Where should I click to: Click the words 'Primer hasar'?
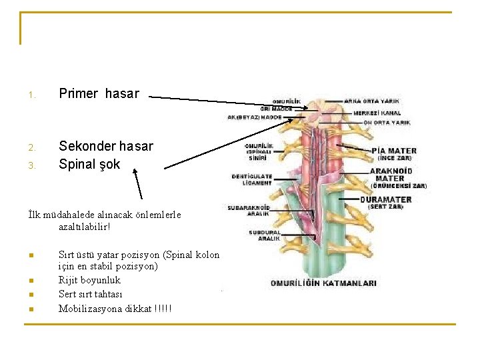click(99, 94)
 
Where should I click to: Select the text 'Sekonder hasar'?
click(105, 146)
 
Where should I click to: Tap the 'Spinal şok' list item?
click(89, 164)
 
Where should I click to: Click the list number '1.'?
click(31, 95)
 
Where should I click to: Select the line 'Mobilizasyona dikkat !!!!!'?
click(115, 308)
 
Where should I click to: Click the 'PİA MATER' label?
click(395, 151)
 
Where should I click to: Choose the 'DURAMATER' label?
click(386, 199)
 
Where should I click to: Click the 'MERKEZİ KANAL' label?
click(377, 113)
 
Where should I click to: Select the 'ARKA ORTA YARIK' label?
click(372, 101)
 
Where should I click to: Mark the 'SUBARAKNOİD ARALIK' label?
click(247, 210)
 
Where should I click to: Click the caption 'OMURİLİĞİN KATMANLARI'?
click(323, 283)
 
